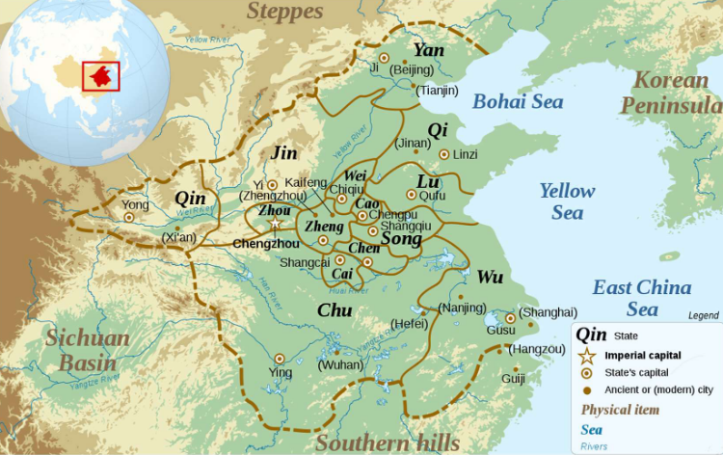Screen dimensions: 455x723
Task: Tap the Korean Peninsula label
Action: [671, 93]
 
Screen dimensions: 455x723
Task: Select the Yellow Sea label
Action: [567, 201]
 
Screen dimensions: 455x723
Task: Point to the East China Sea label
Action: [641, 298]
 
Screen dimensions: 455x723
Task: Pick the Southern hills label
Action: [388, 442]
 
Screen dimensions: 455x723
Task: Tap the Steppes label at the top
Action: [285, 12]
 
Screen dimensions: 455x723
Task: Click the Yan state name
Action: [429, 50]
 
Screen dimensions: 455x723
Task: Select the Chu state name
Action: [334, 309]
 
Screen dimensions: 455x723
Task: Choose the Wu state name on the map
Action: [491, 278]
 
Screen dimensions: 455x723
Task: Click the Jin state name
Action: [285, 153]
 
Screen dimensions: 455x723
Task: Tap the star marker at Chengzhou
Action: [275, 224]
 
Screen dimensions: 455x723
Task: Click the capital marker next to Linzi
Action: [443, 154]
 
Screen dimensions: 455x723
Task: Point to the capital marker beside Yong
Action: [129, 218]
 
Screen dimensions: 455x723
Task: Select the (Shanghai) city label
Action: [548, 312]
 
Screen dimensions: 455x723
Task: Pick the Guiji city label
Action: [514, 381]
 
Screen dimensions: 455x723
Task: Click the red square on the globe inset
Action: [101, 75]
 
